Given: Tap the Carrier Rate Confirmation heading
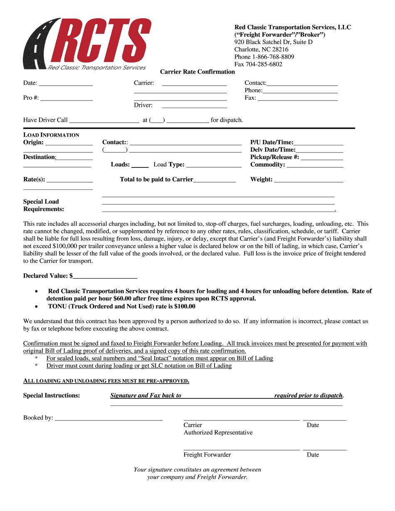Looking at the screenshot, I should click(197, 72).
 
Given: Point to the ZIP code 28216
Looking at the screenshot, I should click(281, 49).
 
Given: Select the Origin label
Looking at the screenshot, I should click(33, 142).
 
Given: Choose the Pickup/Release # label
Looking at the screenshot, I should click(274, 157).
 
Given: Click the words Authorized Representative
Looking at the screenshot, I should click(218, 433).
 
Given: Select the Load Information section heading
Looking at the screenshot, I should click(51, 135).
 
